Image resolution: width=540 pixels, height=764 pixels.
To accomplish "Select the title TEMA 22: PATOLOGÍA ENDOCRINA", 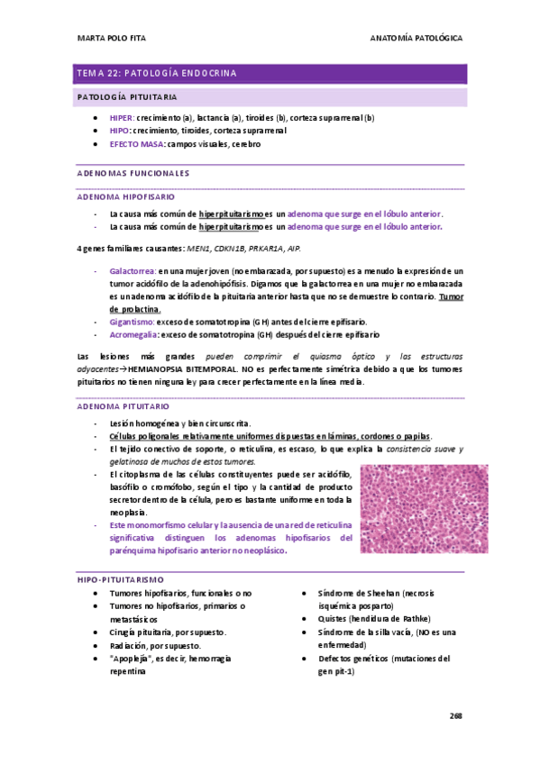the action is coord(157,73).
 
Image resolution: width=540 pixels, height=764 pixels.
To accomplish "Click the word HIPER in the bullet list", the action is coord(121,118).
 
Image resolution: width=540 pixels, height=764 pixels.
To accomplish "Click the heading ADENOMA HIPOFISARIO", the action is coord(127,196).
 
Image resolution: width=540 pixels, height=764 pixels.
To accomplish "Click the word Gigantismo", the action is coord(132,321).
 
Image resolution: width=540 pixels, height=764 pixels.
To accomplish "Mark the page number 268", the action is coord(455,714).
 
